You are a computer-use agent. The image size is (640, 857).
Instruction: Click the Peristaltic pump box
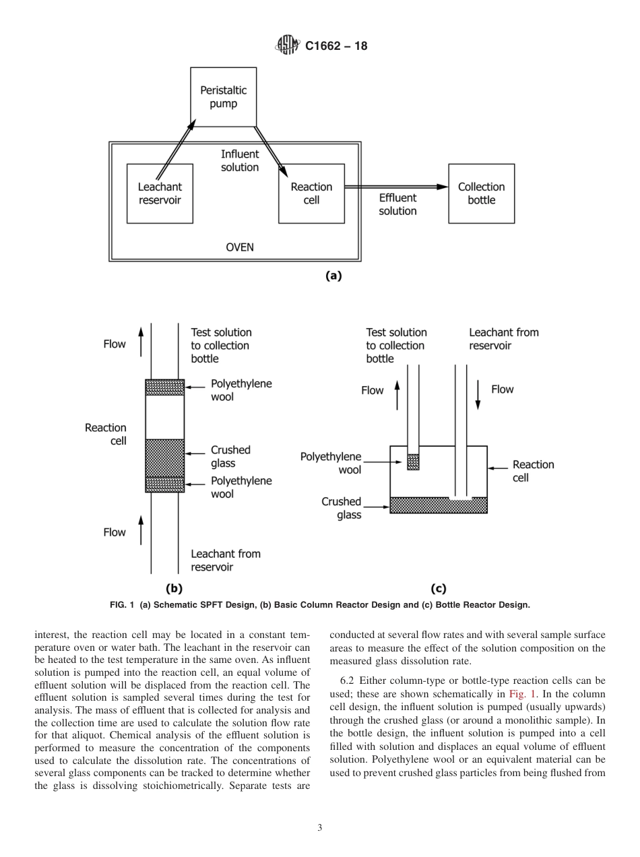pyautogui.click(x=223, y=96)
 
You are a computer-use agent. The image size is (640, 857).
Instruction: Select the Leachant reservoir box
pyautogui.click(x=160, y=193)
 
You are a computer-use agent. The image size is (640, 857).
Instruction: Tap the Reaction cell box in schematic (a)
pyautogui.click(x=311, y=193)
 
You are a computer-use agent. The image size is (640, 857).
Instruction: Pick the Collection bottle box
pyautogui.click(x=481, y=193)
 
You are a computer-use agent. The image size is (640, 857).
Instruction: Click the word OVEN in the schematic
pyautogui.click(x=239, y=247)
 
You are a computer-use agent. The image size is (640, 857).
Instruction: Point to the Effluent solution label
pyautogui.click(x=397, y=204)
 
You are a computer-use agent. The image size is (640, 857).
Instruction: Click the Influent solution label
pyautogui.click(x=240, y=160)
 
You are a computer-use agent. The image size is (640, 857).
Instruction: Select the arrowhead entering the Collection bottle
pyautogui.click(x=442, y=187)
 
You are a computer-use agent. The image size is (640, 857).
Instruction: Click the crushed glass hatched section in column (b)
pyautogui.click(x=165, y=457)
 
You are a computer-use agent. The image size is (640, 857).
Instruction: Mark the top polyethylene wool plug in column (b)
pyautogui.click(x=165, y=387)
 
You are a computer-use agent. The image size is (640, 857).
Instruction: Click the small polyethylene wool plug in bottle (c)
pyautogui.click(x=413, y=462)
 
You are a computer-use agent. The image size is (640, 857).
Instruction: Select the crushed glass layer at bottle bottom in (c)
pyautogui.click(x=439, y=506)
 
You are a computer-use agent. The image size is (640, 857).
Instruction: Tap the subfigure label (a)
pyautogui.click(x=333, y=275)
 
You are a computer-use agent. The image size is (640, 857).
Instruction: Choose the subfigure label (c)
pyautogui.click(x=438, y=588)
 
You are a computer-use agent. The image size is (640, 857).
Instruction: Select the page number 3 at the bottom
pyautogui.click(x=320, y=828)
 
